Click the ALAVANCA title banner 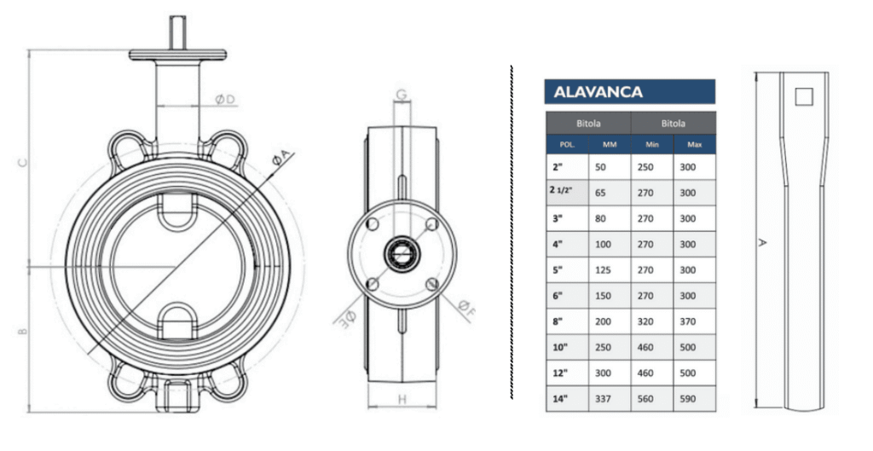click(630, 92)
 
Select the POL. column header click(567, 144)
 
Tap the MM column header click(610, 144)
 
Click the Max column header click(694, 144)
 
